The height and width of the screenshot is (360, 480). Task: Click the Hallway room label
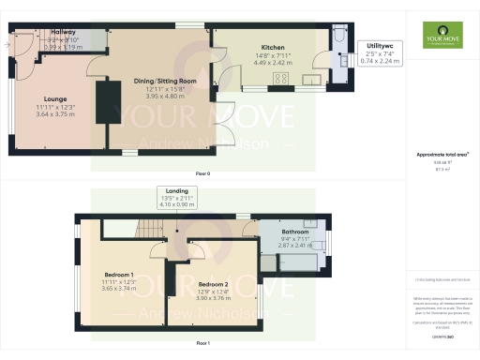click(x=65, y=32)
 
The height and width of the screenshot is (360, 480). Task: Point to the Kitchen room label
click(x=273, y=47)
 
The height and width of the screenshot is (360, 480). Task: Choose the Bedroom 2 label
click(x=213, y=284)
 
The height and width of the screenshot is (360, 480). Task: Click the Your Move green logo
click(x=441, y=35)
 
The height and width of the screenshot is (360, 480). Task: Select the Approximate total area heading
click(x=442, y=154)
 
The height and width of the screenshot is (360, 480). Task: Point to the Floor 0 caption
click(x=202, y=174)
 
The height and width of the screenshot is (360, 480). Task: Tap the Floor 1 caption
click(x=202, y=344)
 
